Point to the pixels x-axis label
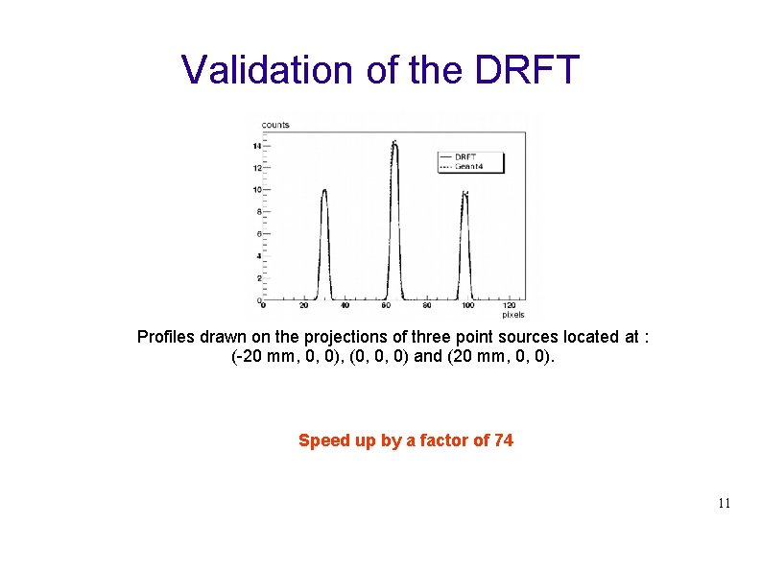pos(513,315)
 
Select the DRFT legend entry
pos(465,156)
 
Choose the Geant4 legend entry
pos(468,166)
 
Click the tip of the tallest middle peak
pos(394,144)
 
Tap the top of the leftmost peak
pos(324,190)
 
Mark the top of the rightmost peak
pos(465,195)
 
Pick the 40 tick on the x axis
pos(345,306)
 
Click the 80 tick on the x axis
pos(427,306)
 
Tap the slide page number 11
pos(724,503)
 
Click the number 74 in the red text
pos(503,440)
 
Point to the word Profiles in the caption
pos(167,337)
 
